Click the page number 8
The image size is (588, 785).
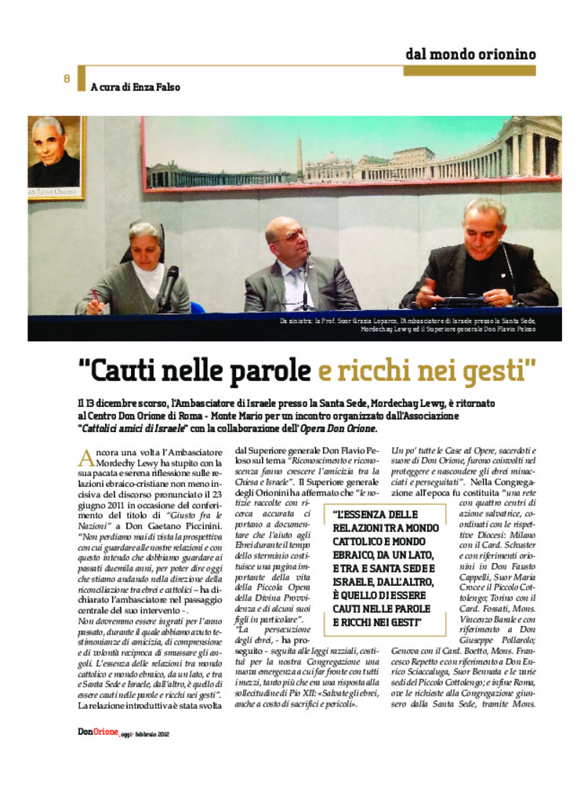pos(67,78)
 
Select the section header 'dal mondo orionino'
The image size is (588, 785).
pos(470,54)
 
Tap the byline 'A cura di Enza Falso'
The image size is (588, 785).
pos(135,87)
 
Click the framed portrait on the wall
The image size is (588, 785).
pos(55,158)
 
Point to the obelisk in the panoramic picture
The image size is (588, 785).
pos(298,155)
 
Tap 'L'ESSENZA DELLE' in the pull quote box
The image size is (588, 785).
pos(376,513)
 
